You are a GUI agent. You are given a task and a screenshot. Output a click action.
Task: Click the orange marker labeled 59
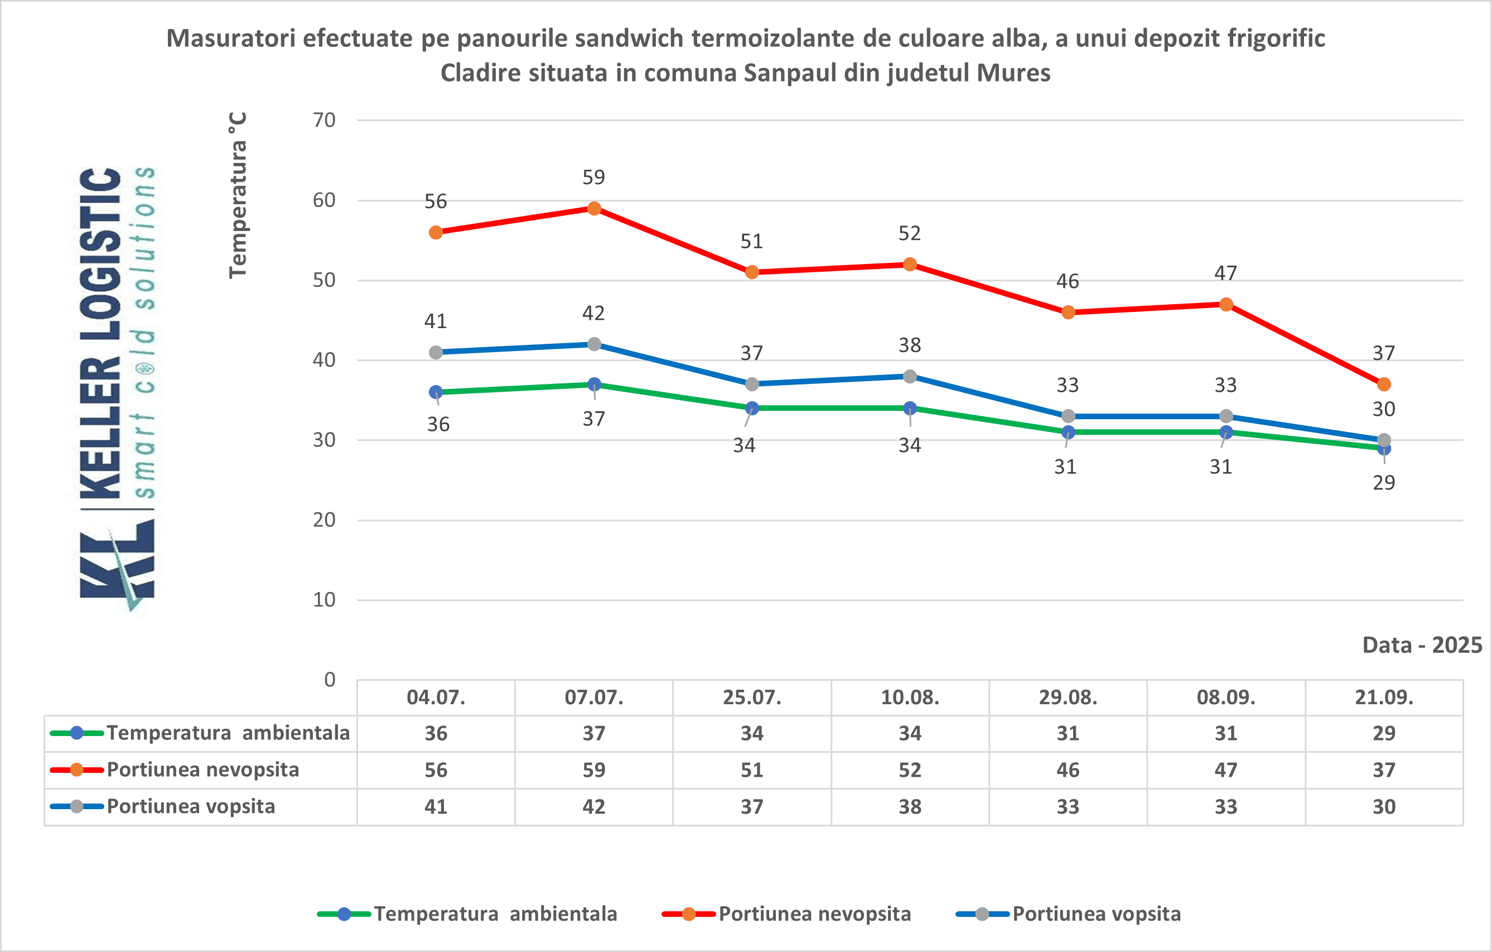593,209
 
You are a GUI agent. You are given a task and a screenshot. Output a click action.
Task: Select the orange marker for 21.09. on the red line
1384,384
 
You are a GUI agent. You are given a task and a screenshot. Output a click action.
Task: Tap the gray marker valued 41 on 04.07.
436,352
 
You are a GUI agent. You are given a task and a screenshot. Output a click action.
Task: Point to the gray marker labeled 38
910,376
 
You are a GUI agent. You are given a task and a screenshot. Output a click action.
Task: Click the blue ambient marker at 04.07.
436,392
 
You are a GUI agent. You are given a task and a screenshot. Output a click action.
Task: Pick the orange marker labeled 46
1068,312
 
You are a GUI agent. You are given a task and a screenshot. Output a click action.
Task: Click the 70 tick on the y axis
324,120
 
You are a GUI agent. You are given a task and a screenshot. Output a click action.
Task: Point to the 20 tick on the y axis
324,520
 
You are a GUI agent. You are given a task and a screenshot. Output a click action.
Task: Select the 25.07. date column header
751,698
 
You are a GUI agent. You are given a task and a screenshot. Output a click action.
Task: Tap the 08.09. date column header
1225,698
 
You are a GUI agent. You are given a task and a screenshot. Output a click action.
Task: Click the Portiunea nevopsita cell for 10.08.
910,770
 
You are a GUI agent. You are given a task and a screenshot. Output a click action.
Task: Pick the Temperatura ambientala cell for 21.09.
1384,733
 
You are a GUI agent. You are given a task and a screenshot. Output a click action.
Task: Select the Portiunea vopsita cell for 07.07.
593,806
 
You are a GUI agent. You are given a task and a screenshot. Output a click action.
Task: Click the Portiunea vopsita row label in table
191,806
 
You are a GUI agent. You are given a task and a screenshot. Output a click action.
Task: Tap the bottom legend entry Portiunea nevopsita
814,913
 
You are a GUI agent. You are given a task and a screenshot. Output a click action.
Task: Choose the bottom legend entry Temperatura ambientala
495,913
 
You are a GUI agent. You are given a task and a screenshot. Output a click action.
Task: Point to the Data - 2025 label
1422,645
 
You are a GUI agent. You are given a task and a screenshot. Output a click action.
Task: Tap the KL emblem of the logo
117,564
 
